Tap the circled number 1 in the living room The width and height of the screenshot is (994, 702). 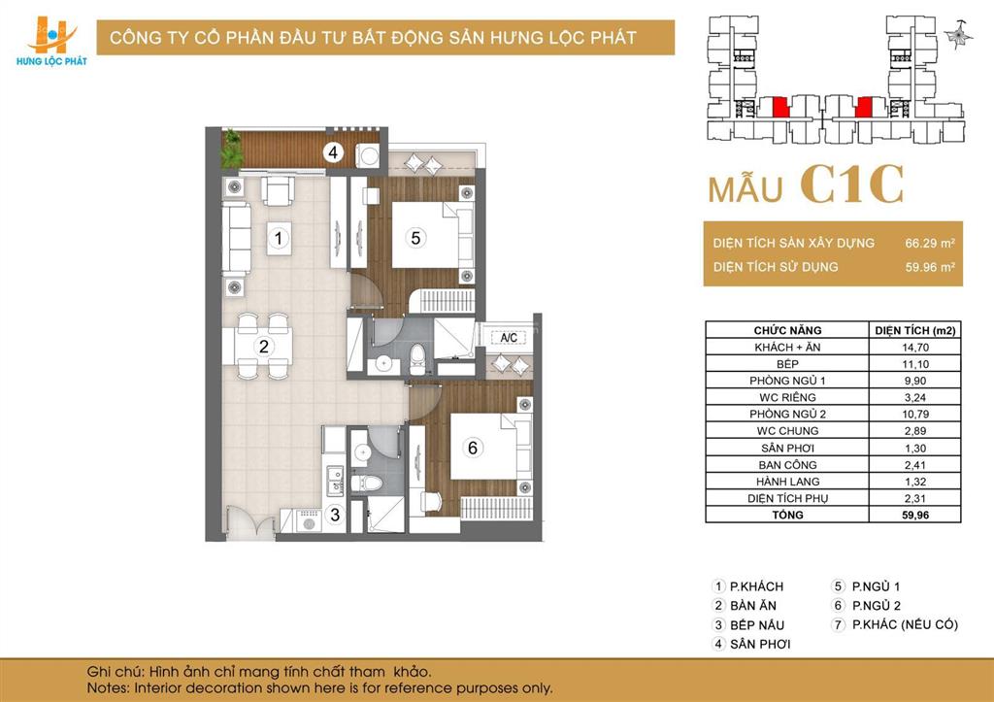pos(279,237)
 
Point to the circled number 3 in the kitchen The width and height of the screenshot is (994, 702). pos(334,516)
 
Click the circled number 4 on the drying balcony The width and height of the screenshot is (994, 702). pos(333,152)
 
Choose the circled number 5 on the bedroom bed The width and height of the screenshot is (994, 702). pos(414,236)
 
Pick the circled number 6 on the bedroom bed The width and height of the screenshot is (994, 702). pos(473,448)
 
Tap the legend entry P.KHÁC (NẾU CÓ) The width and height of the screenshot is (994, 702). pos(904,624)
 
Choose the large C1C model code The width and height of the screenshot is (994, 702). pos(852,184)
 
